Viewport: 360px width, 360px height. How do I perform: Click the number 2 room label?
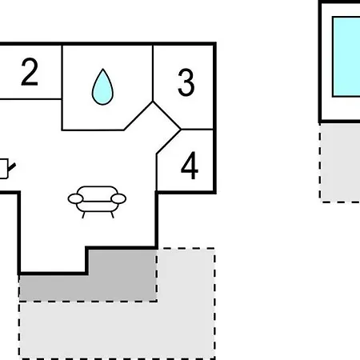[x=30, y=72]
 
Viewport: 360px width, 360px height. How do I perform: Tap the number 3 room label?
[x=186, y=82]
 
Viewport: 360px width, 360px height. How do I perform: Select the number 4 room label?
[x=190, y=166]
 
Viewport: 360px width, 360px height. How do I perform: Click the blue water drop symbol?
[x=102, y=86]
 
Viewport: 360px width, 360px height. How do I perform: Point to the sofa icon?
[x=97, y=202]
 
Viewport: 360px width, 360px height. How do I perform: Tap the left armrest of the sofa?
[x=76, y=198]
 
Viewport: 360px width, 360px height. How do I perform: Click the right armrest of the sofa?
[x=118, y=198]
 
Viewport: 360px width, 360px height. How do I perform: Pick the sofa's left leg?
[x=83, y=215]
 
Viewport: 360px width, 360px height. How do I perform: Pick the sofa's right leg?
[x=112, y=215]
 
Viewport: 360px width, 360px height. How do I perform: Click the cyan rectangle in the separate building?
[x=346, y=57]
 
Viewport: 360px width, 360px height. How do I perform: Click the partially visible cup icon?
[x=6, y=169]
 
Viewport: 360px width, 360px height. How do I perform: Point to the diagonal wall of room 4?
[x=169, y=142]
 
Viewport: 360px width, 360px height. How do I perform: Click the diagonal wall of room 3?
[x=167, y=115]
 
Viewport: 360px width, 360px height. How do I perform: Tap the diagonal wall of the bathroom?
[x=138, y=116]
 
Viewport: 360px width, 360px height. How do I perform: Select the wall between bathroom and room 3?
[x=153, y=73]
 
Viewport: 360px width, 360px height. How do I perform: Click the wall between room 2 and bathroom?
[x=62, y=87]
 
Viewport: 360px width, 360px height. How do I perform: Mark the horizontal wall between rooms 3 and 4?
[x=198, y=130]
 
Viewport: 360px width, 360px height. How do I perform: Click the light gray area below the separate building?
[x=340, y=162]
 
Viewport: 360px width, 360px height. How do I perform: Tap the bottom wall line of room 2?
[x=30, y=99]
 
